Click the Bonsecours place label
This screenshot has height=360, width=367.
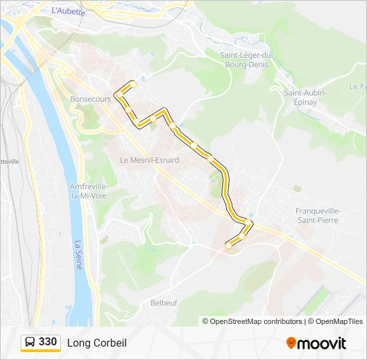[90, 99]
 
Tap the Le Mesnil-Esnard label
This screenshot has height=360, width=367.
[149, 160]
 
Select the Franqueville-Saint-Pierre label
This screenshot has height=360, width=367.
[317, 215]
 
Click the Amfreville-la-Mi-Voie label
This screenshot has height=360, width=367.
[89, 191]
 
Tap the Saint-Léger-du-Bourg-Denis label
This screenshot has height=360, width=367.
[248, 60]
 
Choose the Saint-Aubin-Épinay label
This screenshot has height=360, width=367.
[305, 97]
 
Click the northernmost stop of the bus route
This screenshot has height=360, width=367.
[133, 84]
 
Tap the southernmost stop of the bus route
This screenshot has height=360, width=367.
[228, 245]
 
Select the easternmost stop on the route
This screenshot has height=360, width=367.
[249, 223]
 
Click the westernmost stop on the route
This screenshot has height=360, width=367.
[118, 94]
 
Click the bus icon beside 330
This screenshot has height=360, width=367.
[30, 343]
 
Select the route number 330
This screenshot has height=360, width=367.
[48, 342]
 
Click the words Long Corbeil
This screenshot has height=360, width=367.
[97, 343]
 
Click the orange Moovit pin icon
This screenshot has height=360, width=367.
[291, 343]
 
